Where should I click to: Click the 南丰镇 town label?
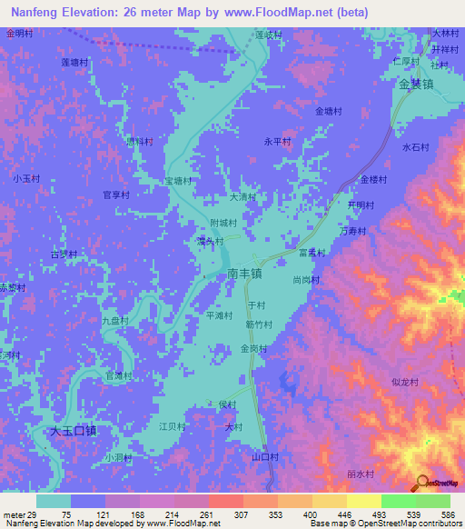[244, 272]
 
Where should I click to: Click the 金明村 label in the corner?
[19, 33]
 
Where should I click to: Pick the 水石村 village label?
[414, 146]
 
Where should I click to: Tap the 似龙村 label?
[404, 383]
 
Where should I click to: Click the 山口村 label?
[264, 456]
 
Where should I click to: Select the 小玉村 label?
[26, 179]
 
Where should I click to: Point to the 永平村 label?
[277, 142]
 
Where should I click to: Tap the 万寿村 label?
[351, 232]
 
